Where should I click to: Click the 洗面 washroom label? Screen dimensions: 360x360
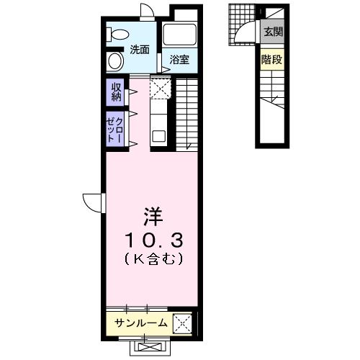tap(140, 50)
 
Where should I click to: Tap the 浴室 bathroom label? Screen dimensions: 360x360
tap(179, 60)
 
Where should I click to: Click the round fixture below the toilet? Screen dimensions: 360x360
tap(115, 60)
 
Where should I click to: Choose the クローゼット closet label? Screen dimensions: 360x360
tap(116, 129)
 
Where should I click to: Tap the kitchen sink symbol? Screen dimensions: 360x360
tap(158, 135)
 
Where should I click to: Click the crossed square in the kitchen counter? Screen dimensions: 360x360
tap(158, 88)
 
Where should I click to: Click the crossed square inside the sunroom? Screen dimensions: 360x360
tap(182, 323)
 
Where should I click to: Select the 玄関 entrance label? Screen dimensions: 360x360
tap(272, 32)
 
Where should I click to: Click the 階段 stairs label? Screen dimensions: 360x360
tap(272, 60)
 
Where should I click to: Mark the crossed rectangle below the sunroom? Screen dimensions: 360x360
tap(150, 347)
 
